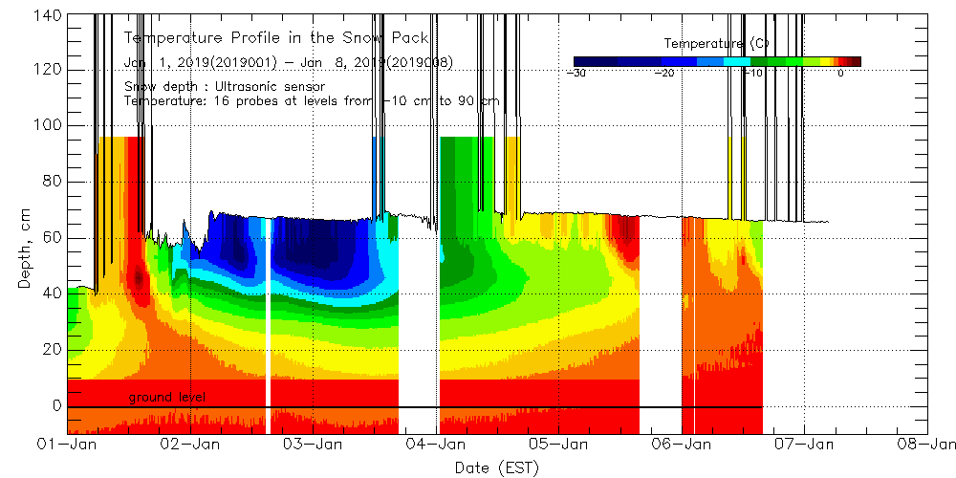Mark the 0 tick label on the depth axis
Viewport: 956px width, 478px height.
click(55, 405)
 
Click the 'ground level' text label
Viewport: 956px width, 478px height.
click(166, 397)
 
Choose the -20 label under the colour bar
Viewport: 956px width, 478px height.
click(663, 73)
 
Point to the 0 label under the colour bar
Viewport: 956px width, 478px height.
click(840, 73)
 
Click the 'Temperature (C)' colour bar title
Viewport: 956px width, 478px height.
click(716, 44)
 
